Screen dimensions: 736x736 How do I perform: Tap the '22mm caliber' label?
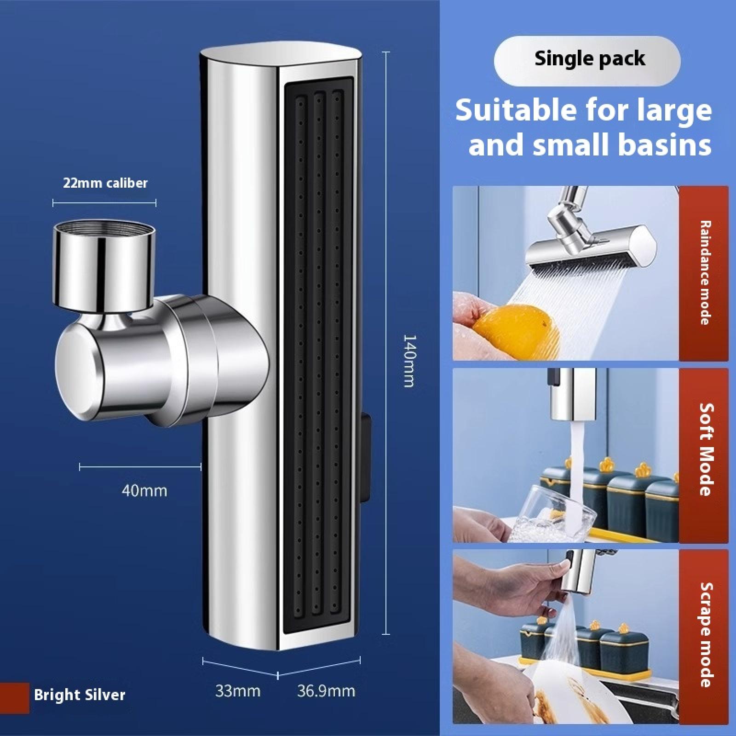[x=105, y=183]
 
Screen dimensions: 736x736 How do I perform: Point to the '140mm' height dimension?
[x=409, y=361]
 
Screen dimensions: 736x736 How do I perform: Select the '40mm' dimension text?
[x=144, y=491]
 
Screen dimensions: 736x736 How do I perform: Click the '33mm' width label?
[x=238, y=691]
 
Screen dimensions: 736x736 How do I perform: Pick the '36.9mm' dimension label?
[x=326, y=691]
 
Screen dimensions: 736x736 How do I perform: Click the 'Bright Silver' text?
[x=80, y=695]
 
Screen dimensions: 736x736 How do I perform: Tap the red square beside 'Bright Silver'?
[x=14, y=698]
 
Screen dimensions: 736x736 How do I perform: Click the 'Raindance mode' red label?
[x=704, y=273]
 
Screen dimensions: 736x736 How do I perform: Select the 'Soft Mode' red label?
[x=704, y=455]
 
